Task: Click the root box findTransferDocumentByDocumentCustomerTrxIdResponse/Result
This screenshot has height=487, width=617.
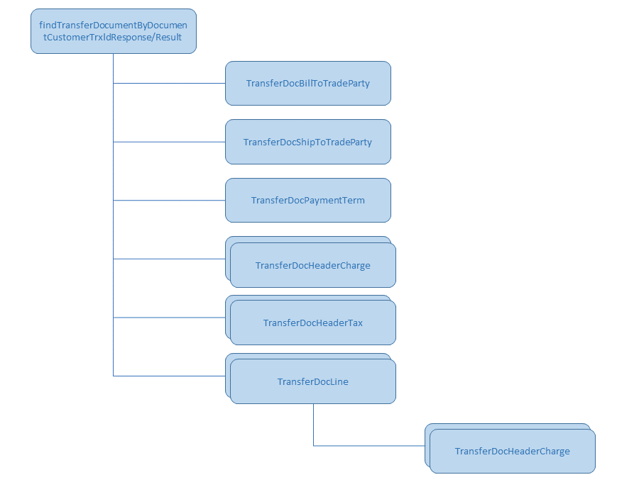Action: click(113, 30)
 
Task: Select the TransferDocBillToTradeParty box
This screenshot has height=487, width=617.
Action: click(307, 83)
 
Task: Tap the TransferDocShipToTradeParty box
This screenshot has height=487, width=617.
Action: click(307, 142)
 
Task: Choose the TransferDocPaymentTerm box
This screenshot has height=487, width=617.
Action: click(307, 200)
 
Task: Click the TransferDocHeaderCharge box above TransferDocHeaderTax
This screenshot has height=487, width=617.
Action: click(312, 265)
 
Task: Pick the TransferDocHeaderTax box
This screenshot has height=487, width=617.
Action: click(312, 323)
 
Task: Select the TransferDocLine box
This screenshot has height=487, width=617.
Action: click(312, 381)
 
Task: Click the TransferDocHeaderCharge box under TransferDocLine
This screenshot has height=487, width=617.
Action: click(512, 451)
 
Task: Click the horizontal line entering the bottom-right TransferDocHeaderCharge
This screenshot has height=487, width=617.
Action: click(369, 446)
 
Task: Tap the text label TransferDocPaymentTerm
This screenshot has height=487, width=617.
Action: click(307, 201)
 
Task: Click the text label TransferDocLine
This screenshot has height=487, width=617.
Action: click(312, 382)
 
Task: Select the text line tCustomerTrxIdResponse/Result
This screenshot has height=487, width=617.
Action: click(113, 36)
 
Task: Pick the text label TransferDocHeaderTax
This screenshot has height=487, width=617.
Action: click(312, 323)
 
